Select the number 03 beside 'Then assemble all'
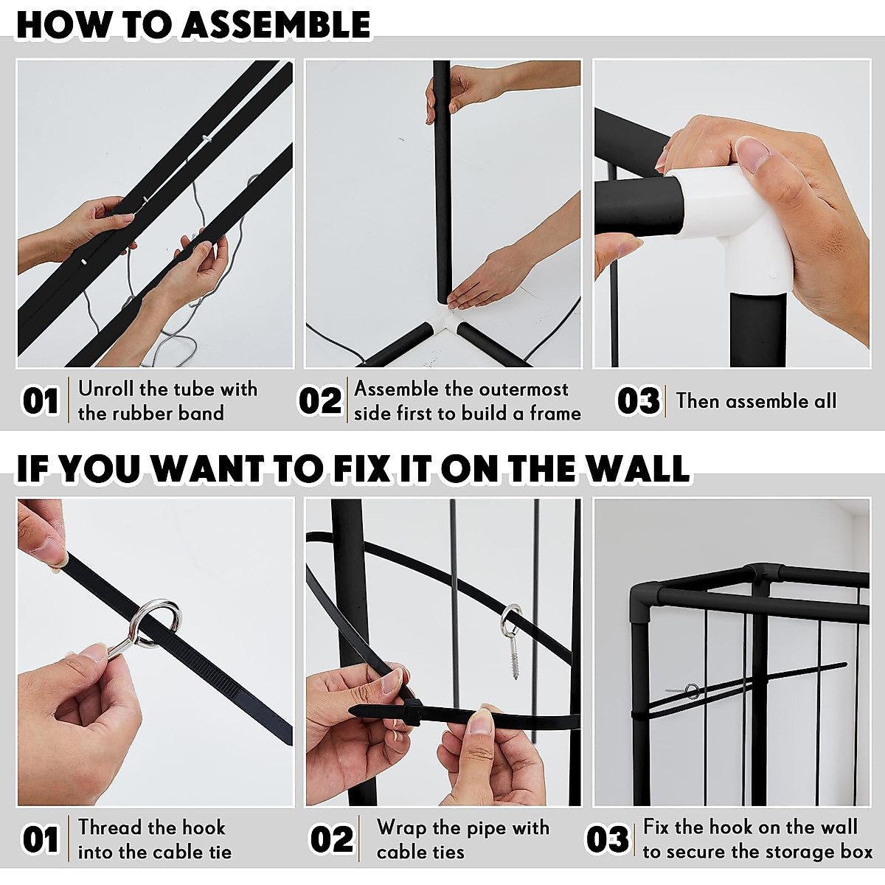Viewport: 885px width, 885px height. click(637, 401)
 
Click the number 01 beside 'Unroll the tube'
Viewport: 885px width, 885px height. click(41, 401)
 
